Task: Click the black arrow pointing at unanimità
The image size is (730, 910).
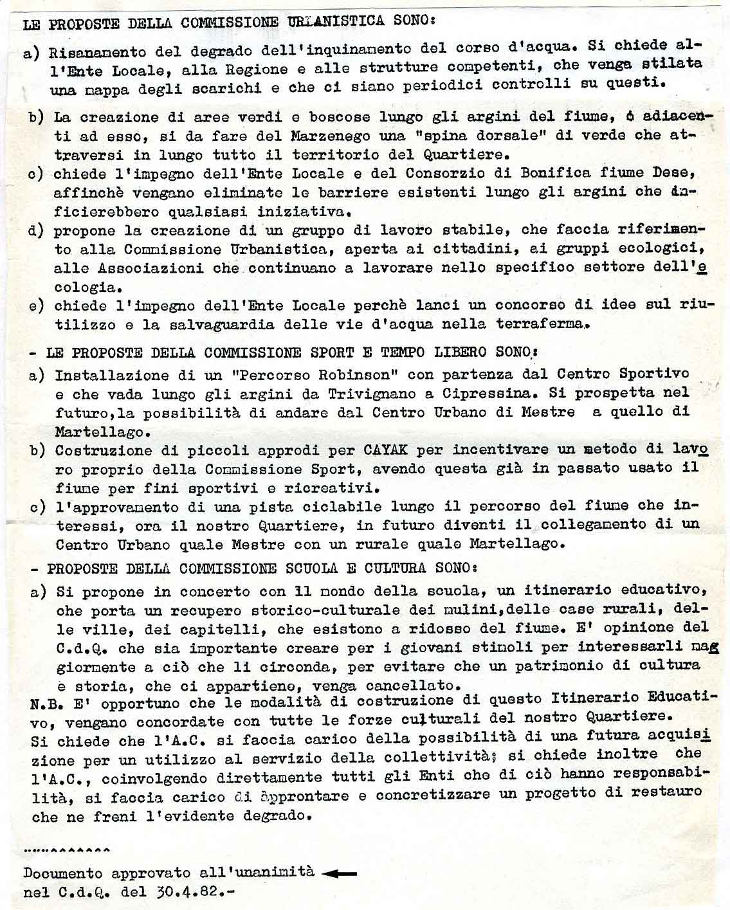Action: coord(338,873)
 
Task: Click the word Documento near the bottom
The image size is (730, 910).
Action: coord(62,873)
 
